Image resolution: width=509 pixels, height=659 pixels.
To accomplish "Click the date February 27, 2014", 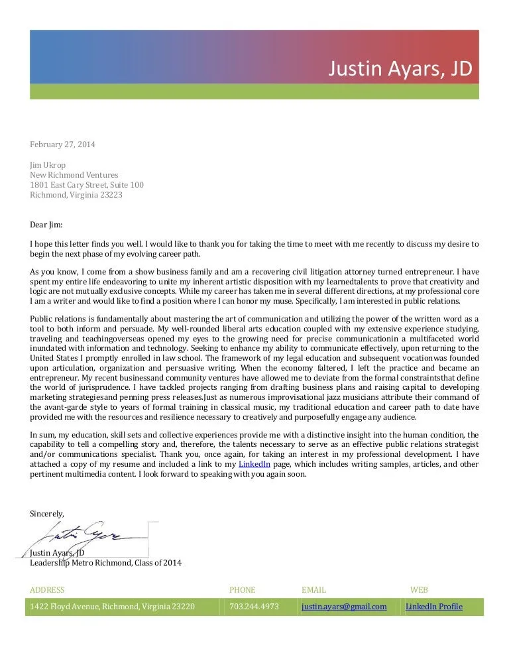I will point(62,145).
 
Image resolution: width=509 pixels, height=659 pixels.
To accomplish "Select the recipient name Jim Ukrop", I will point(48,165).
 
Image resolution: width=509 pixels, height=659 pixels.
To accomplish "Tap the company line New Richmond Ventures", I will point(74,175).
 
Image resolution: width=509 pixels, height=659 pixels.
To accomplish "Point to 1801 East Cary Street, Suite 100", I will point(87,185).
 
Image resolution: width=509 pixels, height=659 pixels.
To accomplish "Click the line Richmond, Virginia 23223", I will point(76,195).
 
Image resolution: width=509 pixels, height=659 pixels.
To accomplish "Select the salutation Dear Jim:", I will point(46,225).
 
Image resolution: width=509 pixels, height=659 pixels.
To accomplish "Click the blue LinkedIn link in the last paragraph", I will point(254,464).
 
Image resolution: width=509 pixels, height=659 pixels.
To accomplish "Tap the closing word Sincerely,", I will point(47,513).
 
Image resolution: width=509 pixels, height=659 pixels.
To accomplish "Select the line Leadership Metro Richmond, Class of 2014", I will point(105,563).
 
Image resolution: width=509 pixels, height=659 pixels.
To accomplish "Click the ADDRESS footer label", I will point(48,589).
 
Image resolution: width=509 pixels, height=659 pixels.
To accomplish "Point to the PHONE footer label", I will point(242,589).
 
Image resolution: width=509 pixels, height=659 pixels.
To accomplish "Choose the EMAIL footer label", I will point(313,589).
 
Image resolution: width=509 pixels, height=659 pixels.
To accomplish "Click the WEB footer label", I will point(419,589).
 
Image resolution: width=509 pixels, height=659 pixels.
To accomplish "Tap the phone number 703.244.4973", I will point(254,606).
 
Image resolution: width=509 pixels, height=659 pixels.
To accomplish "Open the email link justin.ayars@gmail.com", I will point(344,606).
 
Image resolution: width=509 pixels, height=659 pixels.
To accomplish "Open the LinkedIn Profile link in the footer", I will point(433,606).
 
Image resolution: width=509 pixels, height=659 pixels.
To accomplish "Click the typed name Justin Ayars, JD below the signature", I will point(57,553).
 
